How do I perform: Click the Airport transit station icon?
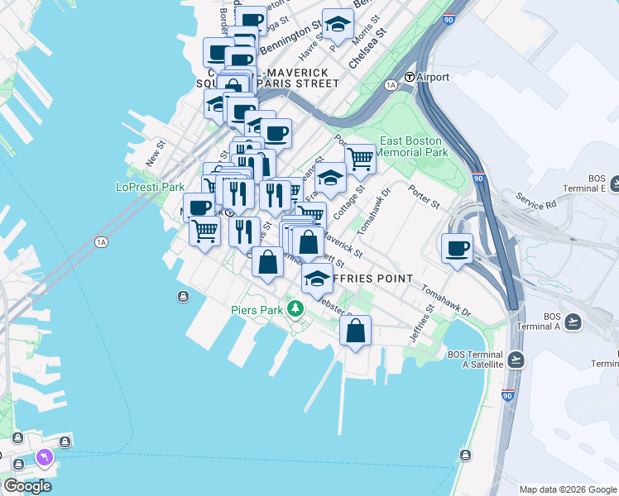[x=409, y=78]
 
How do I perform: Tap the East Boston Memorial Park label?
[x=413, y=146]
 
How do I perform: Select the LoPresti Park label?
[x=150, y=187]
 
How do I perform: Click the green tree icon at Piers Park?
[x=295, y=309]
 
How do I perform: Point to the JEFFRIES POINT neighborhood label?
[x=372, y=279]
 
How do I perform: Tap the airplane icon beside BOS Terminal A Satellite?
[x=517, y=359]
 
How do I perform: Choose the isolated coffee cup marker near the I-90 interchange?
[x=457, y=249]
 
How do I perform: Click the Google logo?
[x=26, y=486]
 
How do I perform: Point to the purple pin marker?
[x=43, y=457]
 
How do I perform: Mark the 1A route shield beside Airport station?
[x=391, y=85]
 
